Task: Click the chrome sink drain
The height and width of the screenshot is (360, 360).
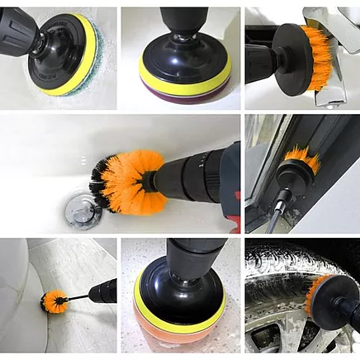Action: coord(83,211)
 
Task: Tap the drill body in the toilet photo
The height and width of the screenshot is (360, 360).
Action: coord(103,290)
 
